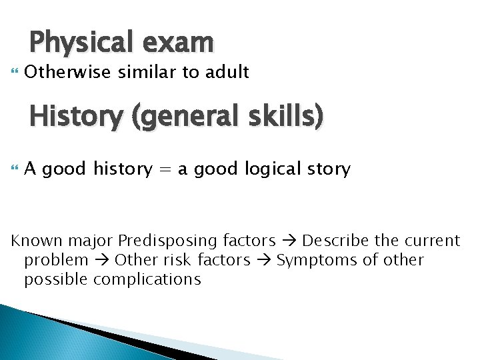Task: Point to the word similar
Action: (x=142, y=71)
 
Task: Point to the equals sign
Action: (x=164, y=169)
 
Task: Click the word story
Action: (x=327, y=169)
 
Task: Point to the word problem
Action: (x=56, y=259)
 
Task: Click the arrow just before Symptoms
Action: (x=265, y=259)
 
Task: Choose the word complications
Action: (x=147, y=279)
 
